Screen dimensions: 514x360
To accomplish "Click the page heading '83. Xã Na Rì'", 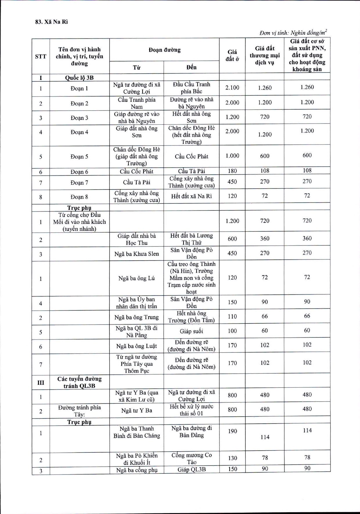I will pyautogui.click(x=51, y=22).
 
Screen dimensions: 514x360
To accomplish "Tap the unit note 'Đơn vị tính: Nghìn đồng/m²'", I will pyautogui.click(x=293, y=33).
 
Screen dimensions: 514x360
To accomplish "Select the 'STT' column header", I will pyautogui.click(x=41, y=56).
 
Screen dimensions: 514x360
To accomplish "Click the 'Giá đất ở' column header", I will pyautogui.click(x=232, y=55).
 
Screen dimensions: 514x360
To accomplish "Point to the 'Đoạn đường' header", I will pyautogui.click(x=164, y=50).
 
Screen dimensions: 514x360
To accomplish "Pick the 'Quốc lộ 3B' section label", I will pyautogui.click(x=79, y=78).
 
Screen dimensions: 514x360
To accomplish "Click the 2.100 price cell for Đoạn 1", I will pyautogui.click(x=232, y=87).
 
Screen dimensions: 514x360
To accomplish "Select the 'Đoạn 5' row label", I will pyautogui.click(x=79, y=157).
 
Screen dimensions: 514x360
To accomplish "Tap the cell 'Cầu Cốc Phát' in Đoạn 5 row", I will pyautogui.click(x=191, y=156).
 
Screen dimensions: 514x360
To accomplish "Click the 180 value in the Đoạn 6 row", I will pyautogui.click(x=232, y=171).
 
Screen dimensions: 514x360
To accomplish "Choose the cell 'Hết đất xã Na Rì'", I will pyautogui.click(x=191, y=196).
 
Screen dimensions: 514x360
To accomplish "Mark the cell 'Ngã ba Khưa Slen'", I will pyautogui.click(x=136, y=254).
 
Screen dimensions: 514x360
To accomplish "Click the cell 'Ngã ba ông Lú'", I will pyautogui.click(x=136, y=278).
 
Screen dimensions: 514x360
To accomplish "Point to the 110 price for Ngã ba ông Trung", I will pyautogui.click(x=232, y=316).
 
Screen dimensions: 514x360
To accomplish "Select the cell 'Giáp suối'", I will pyautogui.click(x=191, y=331).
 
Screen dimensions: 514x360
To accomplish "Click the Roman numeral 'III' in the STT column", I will pyautogui.click(x=41, y=382).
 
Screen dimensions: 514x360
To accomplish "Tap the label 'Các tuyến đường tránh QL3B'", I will pyautogui.click(x=79, y=382).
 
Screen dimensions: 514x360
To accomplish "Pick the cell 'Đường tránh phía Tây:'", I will pyautogui.click(x=79, y=411).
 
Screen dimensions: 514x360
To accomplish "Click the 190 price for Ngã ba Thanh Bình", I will pyautogui.click(x=232, y=431).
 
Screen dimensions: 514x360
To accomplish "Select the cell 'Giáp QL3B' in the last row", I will pyautogui.click(x=191, y=469).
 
